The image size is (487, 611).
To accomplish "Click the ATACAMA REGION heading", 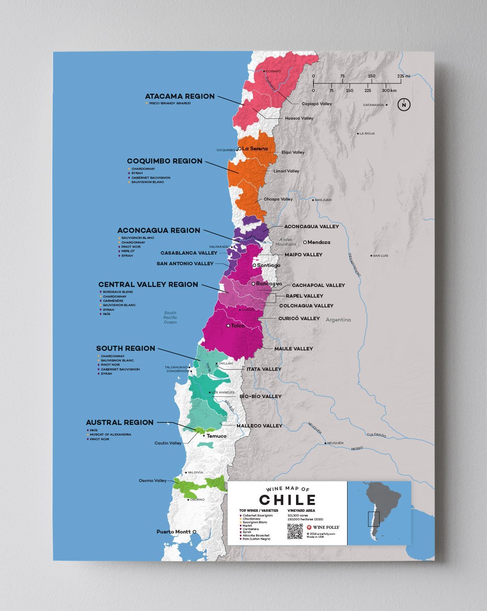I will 179,96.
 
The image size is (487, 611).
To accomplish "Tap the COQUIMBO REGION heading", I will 165,161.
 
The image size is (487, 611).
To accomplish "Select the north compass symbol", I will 404,105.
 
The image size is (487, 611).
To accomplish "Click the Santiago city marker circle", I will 254,265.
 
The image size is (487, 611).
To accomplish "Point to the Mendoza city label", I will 319,242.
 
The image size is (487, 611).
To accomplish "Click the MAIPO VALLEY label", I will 303,255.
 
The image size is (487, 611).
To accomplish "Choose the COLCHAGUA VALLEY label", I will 306,306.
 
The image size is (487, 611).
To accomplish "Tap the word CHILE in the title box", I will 288,500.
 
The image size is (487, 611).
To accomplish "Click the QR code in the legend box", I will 295,531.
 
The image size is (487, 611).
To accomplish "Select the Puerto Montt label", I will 174,532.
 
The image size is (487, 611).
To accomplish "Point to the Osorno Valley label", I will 153,481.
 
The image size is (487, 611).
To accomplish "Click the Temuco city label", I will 216,436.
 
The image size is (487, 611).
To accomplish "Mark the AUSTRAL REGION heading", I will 120,422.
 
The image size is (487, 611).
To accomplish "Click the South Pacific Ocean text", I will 170,318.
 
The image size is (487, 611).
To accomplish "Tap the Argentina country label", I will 338,320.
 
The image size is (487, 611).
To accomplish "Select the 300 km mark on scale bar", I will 389,91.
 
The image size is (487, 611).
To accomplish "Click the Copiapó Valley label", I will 316,104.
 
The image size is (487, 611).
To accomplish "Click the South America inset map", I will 379,513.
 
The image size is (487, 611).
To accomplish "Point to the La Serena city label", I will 255,149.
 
